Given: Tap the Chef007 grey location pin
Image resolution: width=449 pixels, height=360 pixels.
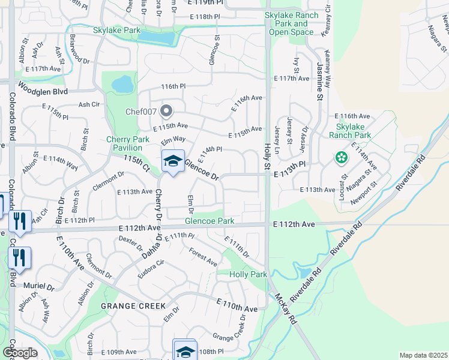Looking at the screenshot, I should click(167, 111).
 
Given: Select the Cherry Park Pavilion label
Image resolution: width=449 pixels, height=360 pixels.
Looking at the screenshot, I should click(127, 143).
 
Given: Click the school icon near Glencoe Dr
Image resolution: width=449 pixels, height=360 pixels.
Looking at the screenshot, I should click(173, 161).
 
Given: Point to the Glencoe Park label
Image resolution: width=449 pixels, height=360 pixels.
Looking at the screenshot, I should click(209, 221).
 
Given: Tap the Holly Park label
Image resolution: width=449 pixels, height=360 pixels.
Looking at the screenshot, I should click(248, 274).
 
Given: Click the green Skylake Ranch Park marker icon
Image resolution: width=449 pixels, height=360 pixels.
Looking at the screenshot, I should click(342, 158).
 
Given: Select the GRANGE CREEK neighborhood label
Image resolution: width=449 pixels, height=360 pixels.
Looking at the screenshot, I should click(133, 306).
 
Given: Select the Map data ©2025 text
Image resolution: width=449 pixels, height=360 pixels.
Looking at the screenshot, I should click(423, 355).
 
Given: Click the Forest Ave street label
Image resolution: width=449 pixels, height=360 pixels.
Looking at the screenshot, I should click(203, 257).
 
